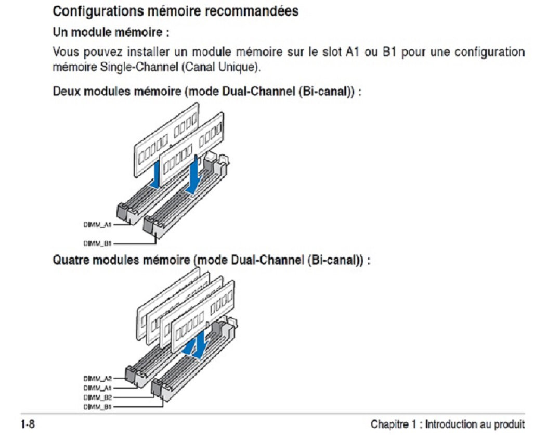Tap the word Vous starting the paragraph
(x=64, y=53)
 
